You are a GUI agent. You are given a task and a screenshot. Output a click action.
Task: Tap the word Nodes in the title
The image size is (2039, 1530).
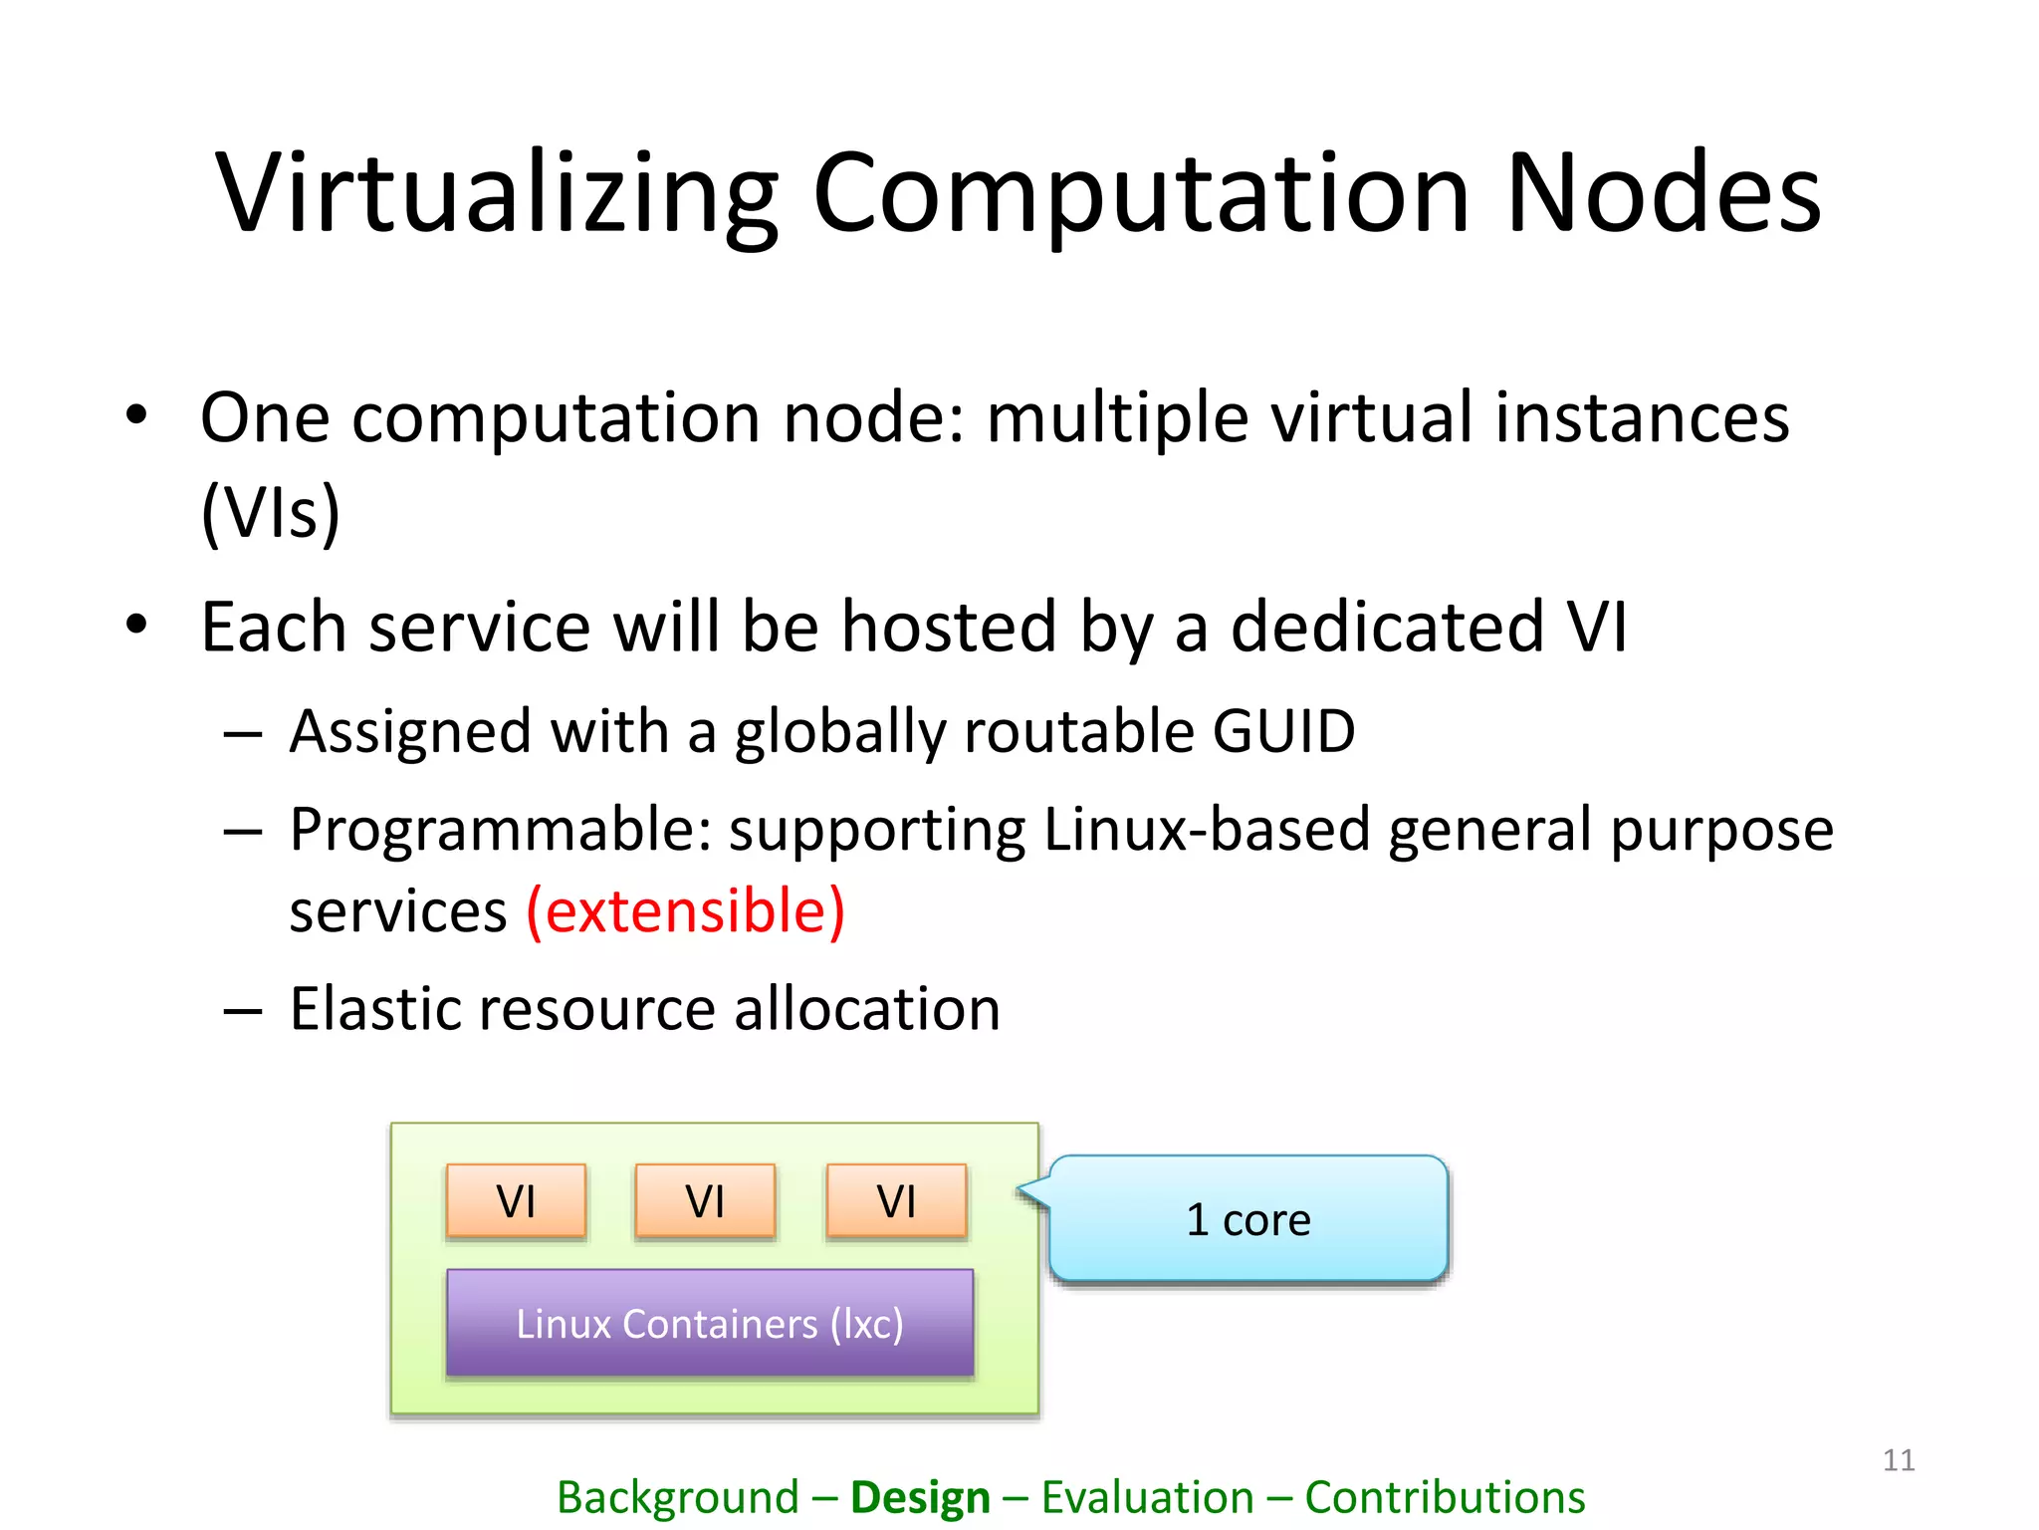pos(1663,194)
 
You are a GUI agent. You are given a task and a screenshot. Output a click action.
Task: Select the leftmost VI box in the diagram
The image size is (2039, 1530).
pos(516,1200)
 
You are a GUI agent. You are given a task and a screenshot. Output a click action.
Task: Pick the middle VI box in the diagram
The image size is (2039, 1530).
pos(705,1200)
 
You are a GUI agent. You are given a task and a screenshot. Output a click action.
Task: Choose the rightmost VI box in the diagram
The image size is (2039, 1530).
pos(896,1200)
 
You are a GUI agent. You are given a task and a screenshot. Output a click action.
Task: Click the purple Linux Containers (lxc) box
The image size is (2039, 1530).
pos(710,1323)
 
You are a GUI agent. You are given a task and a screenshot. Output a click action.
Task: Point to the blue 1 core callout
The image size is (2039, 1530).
pos(1248,1219)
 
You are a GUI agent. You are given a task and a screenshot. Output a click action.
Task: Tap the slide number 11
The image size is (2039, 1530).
pos(1899,1460)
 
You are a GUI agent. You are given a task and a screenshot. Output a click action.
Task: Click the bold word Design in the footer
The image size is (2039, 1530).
pos(920,1497)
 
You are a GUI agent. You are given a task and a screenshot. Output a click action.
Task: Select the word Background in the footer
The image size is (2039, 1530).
pos(677,1497)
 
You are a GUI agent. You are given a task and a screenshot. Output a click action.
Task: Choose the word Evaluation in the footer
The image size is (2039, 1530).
pos(1147,1497)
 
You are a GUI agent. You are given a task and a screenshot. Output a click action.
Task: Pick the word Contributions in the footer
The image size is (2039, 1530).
pos(1445,1497)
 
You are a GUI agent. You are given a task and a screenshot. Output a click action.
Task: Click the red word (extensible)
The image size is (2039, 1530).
pos(685,911)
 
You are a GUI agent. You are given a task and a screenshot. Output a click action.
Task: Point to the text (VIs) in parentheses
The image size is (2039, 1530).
pos(271,512)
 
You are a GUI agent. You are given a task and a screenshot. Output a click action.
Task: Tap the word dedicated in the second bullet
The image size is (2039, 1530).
pos(1388,628)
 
